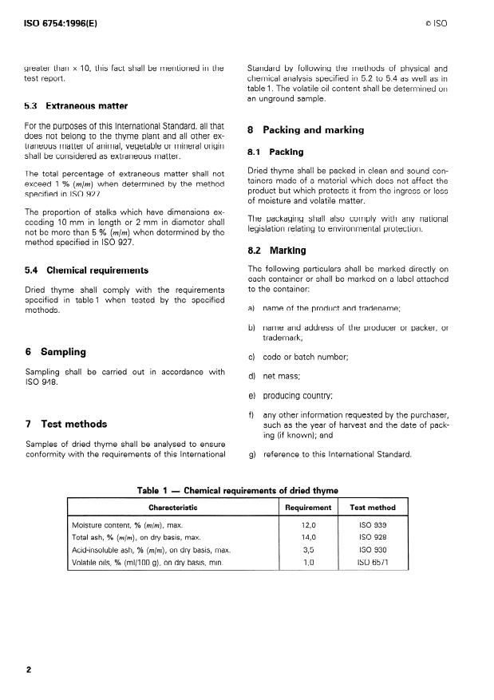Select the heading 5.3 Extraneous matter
tap(76, 105)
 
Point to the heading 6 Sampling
tap(56, 352)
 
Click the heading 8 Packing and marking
tap(306, 129)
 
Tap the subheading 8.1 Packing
tap(275, 152)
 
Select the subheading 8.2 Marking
tap(277, 251)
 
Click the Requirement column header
tap(308, 508)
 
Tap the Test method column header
tap(373, 508)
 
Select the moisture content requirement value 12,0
tap(308, 525)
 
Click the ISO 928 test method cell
tap(373, 538)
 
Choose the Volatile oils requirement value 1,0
tap(308, 563)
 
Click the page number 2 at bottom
tap(29, 669)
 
